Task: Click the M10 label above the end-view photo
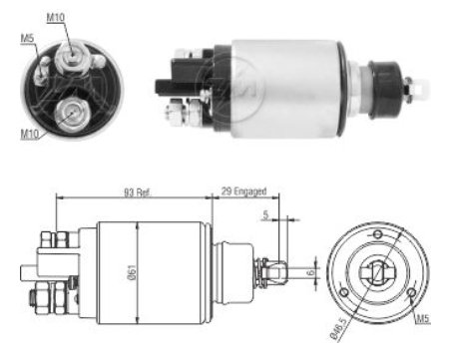point(55,17)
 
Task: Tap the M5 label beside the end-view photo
point(28,38)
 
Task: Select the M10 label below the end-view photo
point(30,134)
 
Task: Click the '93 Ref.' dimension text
point(138,192)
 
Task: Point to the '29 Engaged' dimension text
point(243,191)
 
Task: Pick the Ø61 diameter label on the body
point(132,272)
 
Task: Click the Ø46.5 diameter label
point(339,328)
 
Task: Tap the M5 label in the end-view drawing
point(423,319)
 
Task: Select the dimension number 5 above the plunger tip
point(265,214)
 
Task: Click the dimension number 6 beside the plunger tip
point(311,272)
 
